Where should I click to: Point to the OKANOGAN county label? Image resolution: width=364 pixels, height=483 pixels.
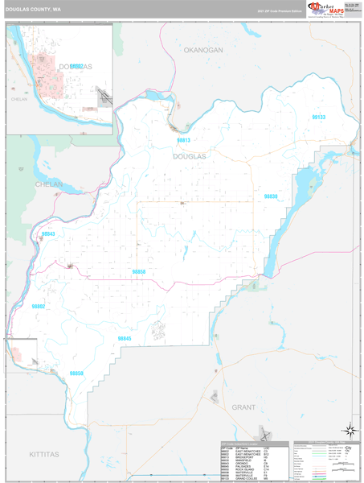pos(202,50)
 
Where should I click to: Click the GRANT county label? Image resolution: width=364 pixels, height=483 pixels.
pos(243,385)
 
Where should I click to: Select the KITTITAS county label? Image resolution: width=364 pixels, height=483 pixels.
pos(44,454)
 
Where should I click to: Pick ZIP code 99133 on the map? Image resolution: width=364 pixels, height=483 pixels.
pos(319,118)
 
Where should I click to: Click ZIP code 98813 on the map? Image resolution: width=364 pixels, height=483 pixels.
pos(184,140)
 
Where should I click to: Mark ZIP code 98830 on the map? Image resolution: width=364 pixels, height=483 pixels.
pos(271,196)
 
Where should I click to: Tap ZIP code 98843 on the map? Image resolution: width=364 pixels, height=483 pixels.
pos(48,233)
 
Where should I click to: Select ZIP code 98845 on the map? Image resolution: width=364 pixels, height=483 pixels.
pos(125,338)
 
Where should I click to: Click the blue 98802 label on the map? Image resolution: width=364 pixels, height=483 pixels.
pos(38,307)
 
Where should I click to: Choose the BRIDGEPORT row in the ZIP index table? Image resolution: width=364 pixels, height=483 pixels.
pos(241,456)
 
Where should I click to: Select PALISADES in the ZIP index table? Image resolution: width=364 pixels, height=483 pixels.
pos(241,467)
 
